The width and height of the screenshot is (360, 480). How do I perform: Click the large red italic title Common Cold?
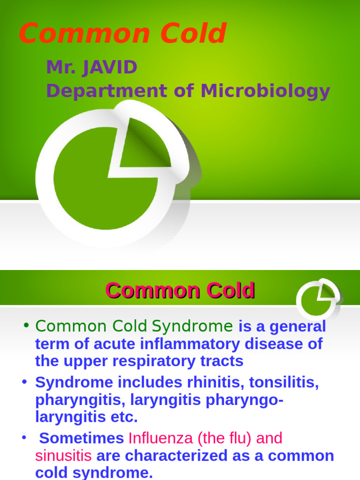122,34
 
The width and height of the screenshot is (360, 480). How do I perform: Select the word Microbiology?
265,90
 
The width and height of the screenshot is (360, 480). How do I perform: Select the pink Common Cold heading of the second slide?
180,291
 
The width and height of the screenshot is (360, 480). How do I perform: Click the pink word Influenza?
160,438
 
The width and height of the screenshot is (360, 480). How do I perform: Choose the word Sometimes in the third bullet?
82,438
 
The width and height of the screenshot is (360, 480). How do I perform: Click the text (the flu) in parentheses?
225,438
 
